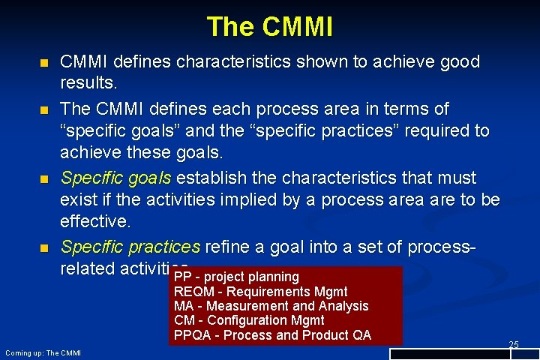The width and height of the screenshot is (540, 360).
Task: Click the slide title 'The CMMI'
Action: pyautogui.click(x=270, y=27)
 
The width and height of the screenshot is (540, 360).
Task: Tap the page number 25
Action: pyautogui.click(x=514, y=344)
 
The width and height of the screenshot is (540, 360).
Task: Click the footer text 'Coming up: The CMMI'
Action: pyautogui.click(x=43, y=352)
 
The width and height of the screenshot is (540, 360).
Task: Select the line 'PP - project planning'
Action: pyautogui.click(x=236, y=277)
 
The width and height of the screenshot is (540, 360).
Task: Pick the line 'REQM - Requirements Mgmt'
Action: pyautogui.click(x=260, y=291)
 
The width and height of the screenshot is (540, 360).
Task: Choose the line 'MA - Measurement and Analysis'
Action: pyautogui.click(x=271, y=306)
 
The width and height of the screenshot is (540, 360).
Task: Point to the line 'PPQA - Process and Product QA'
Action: pyautogui.click(x=272, y=335)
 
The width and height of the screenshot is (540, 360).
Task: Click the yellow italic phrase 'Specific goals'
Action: pyautogui.click(x=116, y=178)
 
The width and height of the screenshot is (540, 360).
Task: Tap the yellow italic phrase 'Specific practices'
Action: pyautogui.click(x=130, y=247)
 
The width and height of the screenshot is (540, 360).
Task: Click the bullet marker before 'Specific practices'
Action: pyautogui.click(x=43, y=247)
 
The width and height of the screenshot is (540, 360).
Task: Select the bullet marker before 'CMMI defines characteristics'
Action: pyautogui.click(x=43, y=62)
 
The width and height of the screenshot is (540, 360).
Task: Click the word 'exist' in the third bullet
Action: pyautogui.click(x=77, y=200)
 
